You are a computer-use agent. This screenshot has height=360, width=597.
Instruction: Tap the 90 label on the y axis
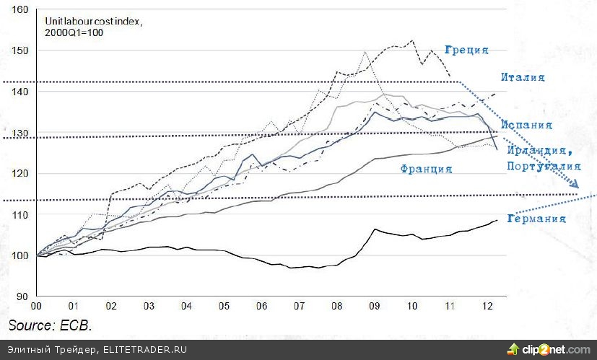[21, 296]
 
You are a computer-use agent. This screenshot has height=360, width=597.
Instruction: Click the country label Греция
[466, 50]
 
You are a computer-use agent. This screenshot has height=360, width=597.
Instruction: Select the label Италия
[523, 76]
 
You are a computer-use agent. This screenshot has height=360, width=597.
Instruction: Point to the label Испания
[528, 124]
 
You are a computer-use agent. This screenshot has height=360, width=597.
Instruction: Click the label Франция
[426, 169]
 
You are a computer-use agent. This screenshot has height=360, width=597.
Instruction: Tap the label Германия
[536, 219]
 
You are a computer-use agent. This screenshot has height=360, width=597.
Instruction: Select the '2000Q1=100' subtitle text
[69, 33]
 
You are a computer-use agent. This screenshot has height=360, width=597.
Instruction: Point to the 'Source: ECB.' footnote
[51, 325]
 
